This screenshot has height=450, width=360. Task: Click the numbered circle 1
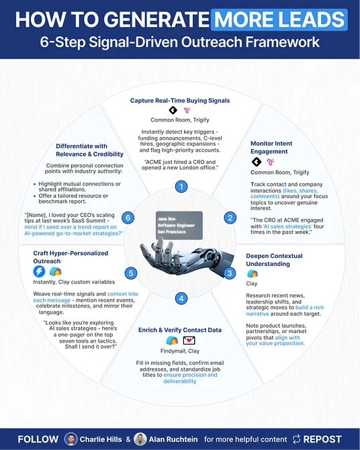pyautogui.click(x=181, y=187)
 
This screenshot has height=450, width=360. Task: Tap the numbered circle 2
pyautogui.click(x=230, y=218)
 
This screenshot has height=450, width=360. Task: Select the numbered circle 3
pyautogui.click(x=230, y=273)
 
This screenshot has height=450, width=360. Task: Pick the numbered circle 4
pyautogui.click(x=181, y=298)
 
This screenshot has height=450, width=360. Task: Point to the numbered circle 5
pyautogui.click(x=131, y=273)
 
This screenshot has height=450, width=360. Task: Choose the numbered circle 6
pyautogui.click(x=128, y=218)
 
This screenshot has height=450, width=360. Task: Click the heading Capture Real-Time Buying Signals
pyautogui.click(x=180, y=101)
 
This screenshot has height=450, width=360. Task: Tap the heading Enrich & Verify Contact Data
pyautogui.click(x=180, y=330)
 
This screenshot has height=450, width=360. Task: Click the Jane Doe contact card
pyautogui.click(x=179, y=225)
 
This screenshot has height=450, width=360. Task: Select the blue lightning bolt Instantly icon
pyautogui.click(x=39, y=271)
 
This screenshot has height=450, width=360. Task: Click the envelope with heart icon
pyautogui.click(x=189, y=341)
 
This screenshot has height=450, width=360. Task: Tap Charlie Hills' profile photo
pyautogui.click(x=71, y=439)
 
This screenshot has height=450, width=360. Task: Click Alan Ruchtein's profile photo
pyautogui.click(x=140, y=439)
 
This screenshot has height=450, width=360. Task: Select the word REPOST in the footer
pyautogui.click(x=322, y=439)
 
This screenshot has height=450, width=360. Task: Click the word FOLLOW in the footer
pyautogui.click(x=38, y=439)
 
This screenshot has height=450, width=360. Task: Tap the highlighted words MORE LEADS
pyautogui.click(x=279, y=19)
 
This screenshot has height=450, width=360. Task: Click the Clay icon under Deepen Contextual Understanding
pyautogui.click(x=253, y=273)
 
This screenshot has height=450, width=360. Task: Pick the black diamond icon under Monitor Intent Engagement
pyautogui.click(x=257, y=162)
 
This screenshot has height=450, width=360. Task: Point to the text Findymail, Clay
pyautogui.click(x=180, y=351)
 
